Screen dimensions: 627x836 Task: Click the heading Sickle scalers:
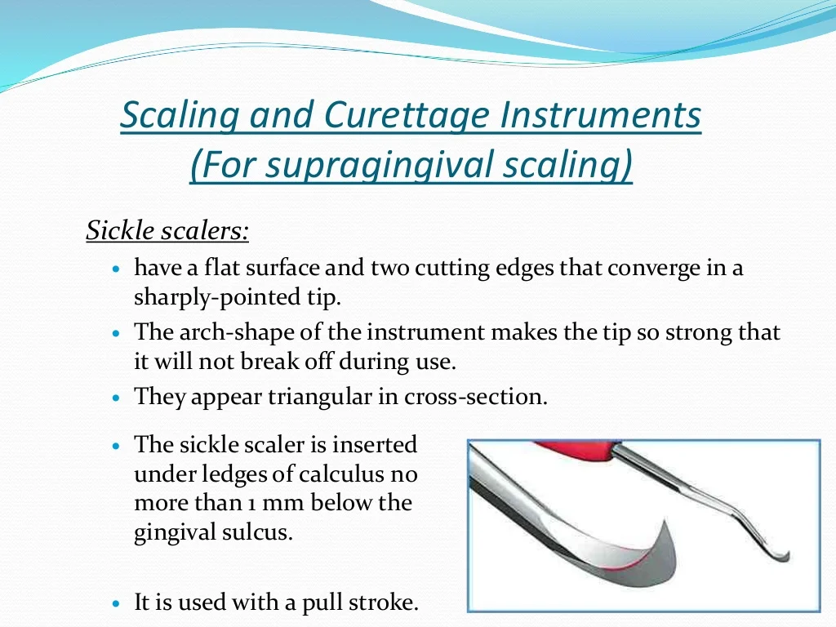point(167,231)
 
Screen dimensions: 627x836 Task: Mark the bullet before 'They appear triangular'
point(118,398)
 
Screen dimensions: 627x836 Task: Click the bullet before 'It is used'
point(118,604)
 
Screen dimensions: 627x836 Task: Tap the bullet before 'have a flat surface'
point(118,269)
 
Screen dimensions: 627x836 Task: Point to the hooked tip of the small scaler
point(786,558)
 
